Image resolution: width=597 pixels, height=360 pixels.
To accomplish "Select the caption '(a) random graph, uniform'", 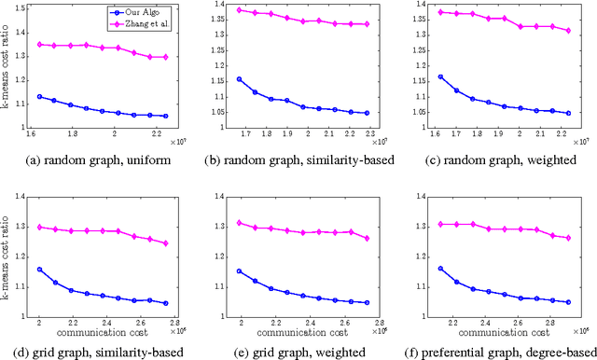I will pos(104,157).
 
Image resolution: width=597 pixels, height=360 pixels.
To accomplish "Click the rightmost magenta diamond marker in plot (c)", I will pos(567,31).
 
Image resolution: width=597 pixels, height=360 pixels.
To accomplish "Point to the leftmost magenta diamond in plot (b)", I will pos(240,10).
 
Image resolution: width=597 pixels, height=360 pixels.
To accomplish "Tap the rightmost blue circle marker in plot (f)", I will pos(567,302).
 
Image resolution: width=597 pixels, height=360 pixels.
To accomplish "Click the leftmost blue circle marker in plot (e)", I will pos(240,271).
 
